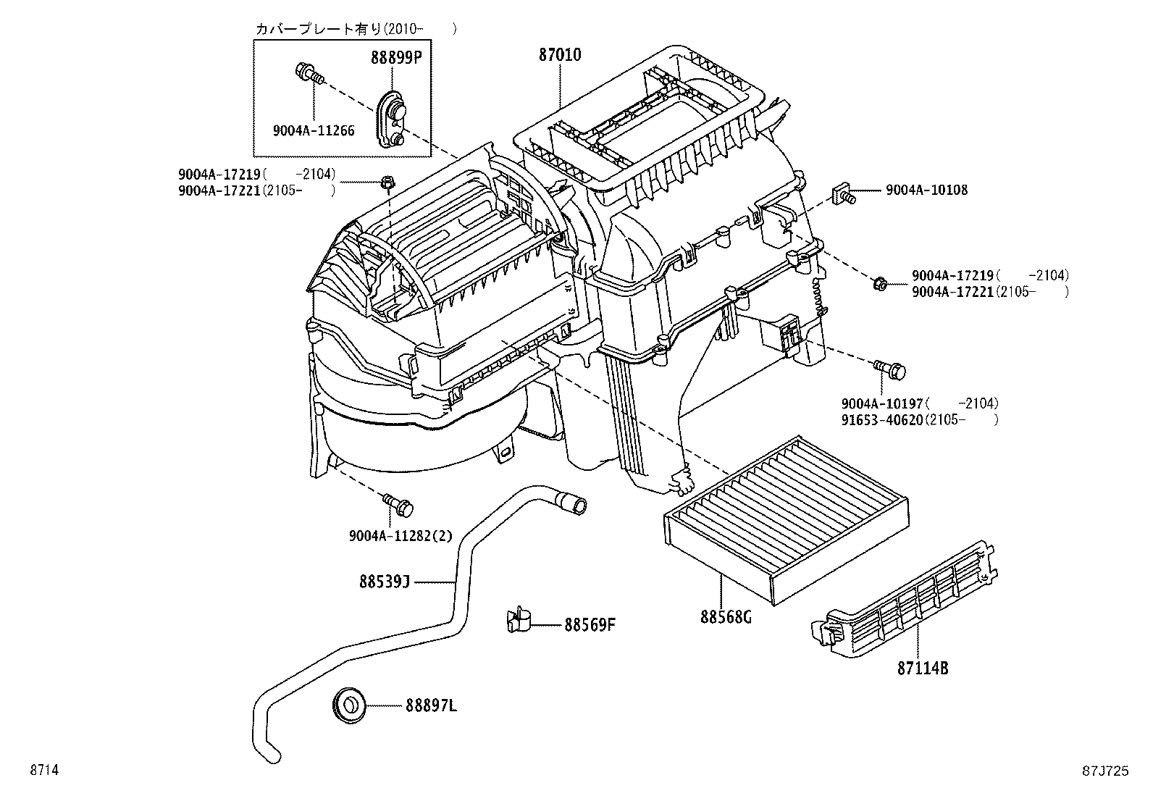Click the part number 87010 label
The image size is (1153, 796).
pos(559,55)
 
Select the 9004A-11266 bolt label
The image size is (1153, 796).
pos(314,130)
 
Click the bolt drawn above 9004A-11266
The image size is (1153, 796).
pos(310,72)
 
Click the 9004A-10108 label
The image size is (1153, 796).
pos(926,190)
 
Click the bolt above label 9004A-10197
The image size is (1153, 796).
pos(890,369)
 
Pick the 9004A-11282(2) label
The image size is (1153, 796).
pos(400,536)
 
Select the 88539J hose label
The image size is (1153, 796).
pos(385,581)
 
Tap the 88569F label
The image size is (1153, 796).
pos(590,624)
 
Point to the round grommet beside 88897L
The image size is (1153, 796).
pos(349,704)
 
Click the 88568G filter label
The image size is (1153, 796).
pos(726,617)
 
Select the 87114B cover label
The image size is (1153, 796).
pos(923,668)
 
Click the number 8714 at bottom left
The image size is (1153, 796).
pos(43,771)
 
